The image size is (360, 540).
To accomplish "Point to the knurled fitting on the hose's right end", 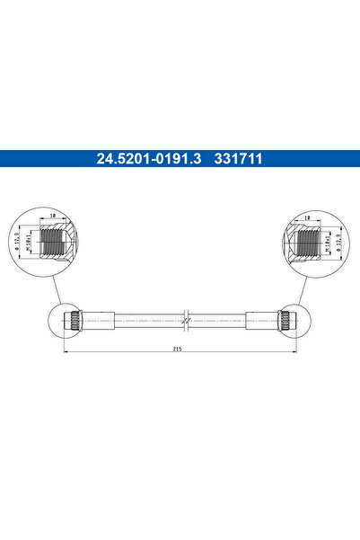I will [286, 319].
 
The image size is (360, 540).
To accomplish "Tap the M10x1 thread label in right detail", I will [317, 243].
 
